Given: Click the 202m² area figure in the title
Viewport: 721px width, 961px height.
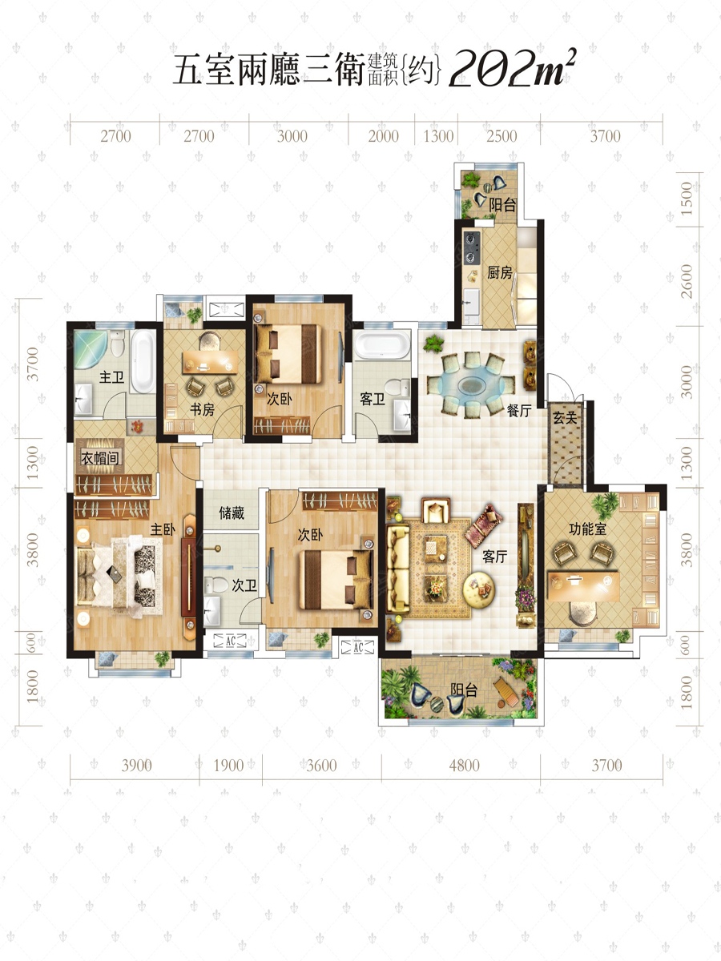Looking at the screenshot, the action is [511, 69].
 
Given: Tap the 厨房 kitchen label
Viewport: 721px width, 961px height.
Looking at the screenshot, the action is [500, 273].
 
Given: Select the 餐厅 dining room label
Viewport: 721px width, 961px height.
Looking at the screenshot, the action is [519, 411].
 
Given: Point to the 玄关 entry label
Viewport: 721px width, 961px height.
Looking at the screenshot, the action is [565, 418].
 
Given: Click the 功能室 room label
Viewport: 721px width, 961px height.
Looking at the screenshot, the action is [588, 529].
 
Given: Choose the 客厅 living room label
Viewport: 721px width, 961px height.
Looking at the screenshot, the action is [494, 557].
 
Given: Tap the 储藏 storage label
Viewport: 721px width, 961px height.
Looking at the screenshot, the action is [232, 513].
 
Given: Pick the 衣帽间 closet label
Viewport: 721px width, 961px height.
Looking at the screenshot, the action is [100, 458].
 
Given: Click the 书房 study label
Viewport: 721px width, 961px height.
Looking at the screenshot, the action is [202, 410].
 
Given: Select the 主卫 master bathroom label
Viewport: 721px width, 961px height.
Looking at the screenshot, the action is [111, 377].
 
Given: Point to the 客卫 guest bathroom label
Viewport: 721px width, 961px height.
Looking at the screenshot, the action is [372, 399].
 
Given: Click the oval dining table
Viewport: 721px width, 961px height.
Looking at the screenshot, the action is [471, 385].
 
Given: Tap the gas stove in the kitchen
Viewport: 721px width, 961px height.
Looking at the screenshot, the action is [472, 247].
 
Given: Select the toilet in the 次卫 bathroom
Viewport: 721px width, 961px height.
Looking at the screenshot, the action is [216, 585].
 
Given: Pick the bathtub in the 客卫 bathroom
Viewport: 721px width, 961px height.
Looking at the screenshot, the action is [383, 345].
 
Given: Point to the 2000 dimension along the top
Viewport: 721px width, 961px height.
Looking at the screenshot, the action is [383, 136].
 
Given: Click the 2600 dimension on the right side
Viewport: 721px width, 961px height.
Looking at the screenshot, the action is [687, 281].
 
